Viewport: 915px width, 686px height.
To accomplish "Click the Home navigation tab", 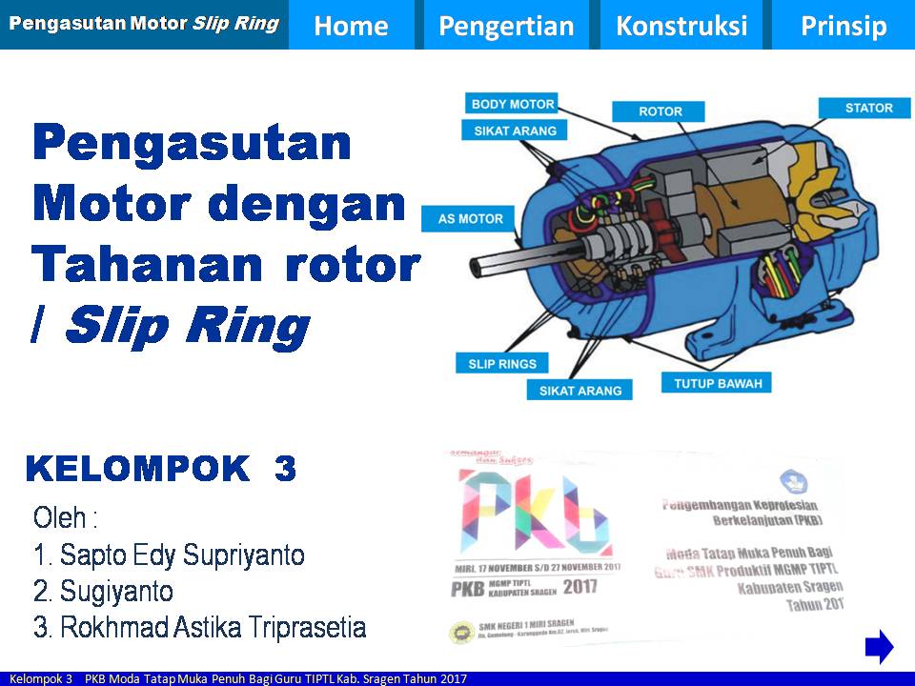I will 351,26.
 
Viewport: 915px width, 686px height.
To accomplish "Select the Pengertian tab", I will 506,26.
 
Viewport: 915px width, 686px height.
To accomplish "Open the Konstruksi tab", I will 681,26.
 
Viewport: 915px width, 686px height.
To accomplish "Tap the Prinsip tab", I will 843,26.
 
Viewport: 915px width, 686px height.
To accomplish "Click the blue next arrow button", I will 879,647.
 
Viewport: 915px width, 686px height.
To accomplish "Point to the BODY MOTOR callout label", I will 514,104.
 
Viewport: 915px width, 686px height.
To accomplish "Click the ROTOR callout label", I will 661,111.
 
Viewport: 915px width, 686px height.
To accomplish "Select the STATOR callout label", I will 868,108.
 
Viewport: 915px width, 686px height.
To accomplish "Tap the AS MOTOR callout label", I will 470,219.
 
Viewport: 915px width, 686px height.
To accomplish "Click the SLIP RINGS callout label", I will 502,363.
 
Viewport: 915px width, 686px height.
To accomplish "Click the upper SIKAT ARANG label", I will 514,131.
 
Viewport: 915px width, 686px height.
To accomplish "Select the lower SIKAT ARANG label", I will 579,390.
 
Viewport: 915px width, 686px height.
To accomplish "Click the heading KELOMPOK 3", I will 161,469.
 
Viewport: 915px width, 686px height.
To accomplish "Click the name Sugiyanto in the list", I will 116,592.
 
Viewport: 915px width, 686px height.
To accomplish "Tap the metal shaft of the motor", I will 496,260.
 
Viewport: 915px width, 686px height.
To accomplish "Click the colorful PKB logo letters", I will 534,514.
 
